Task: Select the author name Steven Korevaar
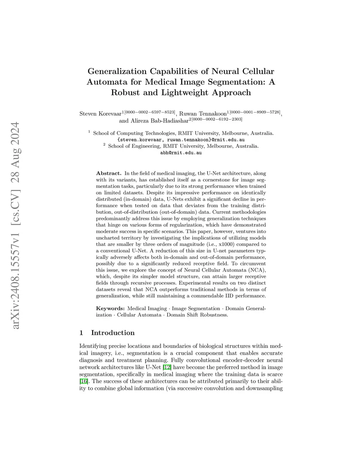point(100,114)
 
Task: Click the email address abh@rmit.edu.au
point(181,153)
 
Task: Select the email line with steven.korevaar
point(181,140)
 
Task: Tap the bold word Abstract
point(109,173)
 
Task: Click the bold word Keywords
point(110,308)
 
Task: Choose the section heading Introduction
point(112,333)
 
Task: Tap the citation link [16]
point(84,381)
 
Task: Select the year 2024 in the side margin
point(15,135)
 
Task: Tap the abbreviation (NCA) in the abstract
point(258,270)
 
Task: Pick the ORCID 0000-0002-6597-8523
point(150,112)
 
